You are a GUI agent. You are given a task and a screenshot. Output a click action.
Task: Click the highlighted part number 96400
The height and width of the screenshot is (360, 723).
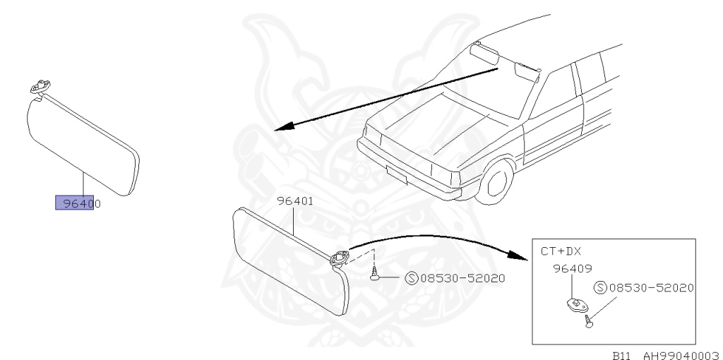75,203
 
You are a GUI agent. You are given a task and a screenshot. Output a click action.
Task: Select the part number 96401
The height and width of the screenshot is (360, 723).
294,200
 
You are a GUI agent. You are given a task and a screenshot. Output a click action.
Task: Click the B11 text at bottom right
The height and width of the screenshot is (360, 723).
621,355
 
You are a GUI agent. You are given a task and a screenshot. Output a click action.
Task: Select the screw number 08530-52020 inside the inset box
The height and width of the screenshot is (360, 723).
652,288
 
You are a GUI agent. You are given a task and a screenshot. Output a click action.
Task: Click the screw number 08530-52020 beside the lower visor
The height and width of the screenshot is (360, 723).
462,278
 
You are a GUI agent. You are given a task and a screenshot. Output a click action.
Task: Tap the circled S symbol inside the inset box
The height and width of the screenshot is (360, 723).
600,288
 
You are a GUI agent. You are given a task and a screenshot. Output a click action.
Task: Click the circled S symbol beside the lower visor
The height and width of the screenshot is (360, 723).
412,278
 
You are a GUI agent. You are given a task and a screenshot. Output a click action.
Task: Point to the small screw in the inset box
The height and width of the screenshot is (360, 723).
587,321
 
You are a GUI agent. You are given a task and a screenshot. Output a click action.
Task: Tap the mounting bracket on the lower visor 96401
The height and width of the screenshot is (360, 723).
339,257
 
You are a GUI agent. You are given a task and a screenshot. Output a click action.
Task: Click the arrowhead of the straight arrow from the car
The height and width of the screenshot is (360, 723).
281,128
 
